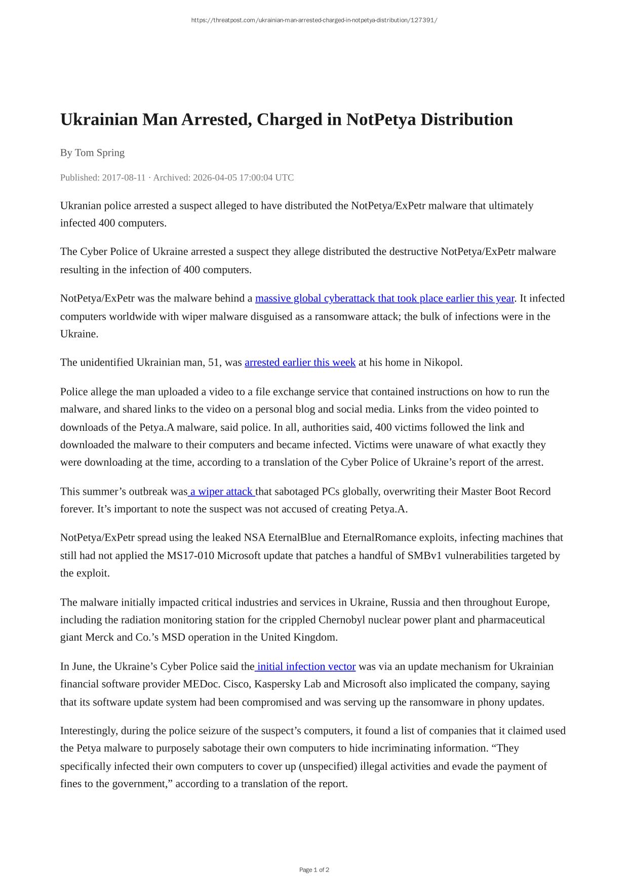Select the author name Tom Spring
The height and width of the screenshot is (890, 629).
(100, 153)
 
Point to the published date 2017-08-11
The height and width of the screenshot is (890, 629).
(124, 177)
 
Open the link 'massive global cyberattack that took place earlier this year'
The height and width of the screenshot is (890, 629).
(384, 299)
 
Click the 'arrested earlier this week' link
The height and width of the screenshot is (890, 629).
(300, 362)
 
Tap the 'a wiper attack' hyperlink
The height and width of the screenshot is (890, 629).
(221, 492)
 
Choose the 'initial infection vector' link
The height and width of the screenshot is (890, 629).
(306, 666)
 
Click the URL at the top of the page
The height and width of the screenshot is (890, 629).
(314, 20)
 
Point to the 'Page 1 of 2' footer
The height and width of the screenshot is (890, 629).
(314, 870)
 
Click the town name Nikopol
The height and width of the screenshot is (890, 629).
(442, 362)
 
